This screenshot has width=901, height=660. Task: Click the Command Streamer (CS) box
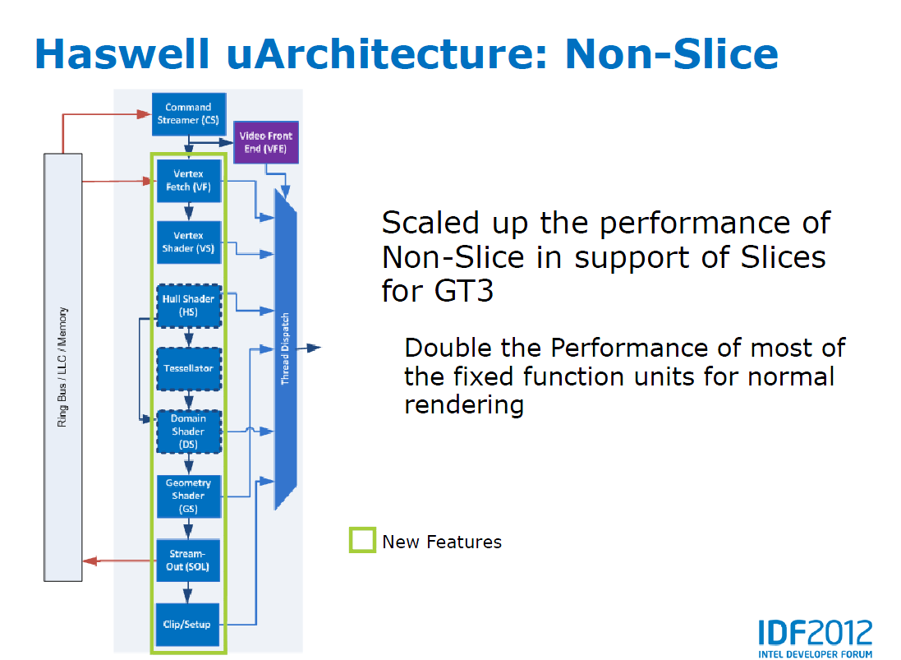(188, 113)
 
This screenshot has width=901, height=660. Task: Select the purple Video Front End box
(265, 142)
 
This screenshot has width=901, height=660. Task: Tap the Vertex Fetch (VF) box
(188, 181)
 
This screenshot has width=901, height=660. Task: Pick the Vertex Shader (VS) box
(188, 242)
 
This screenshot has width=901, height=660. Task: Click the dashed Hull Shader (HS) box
(188, 305)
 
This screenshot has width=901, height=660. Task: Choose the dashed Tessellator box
(188, 368)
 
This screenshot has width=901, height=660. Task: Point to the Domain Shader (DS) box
(188, 432)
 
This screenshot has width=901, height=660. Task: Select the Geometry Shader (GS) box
(188, 496)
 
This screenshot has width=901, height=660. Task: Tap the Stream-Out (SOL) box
(188, 560)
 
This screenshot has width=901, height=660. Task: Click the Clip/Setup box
(188, 624)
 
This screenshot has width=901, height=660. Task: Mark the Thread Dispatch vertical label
(285, 348)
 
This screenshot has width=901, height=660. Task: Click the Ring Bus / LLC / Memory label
(63, 367)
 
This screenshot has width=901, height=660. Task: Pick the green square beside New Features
(362, 541)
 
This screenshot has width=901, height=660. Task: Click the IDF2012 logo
(814, 636)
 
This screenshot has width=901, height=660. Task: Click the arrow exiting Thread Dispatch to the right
(310, 348)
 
